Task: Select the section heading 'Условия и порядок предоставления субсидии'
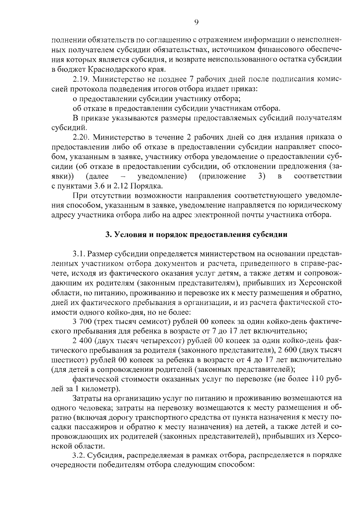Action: (x=196, y=234)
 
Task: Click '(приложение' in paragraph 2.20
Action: (x=222, y=176)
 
